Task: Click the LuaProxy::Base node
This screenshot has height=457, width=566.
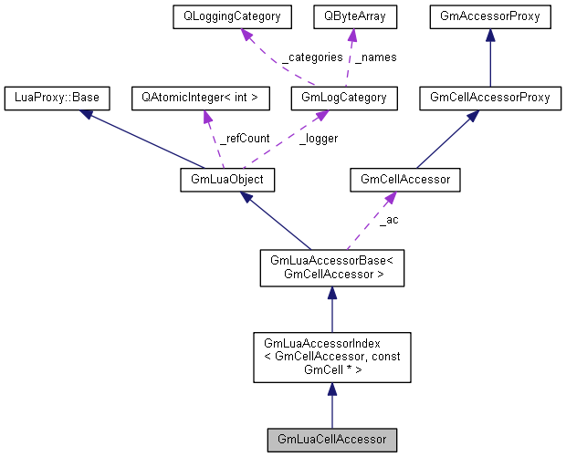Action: pos(58,97)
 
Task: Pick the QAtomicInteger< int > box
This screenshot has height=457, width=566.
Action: pos(200,97)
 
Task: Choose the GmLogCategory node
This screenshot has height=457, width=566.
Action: pos(338,97)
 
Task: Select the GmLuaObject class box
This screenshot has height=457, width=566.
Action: pos(227,182)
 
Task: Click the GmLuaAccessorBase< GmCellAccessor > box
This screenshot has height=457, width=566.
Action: pos(331,267)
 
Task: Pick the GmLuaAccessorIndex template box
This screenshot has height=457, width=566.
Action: pos(331,357)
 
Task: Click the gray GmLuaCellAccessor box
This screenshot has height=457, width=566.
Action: pos(331,440)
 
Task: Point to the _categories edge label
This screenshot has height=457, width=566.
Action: pos(311,57)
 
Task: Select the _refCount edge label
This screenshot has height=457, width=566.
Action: pos(244,139)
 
